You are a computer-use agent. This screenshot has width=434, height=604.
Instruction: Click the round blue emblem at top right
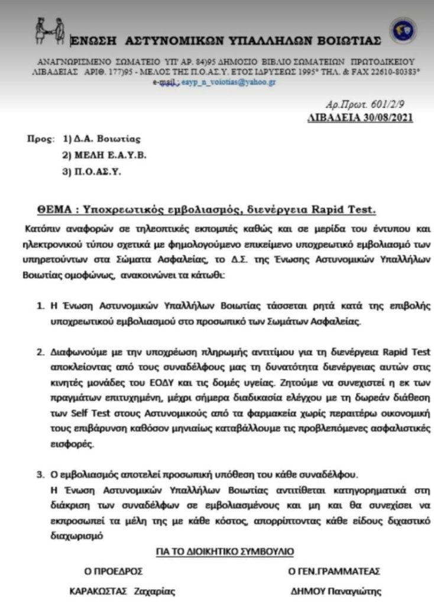point(403,31)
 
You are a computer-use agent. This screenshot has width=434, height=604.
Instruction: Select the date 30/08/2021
point(385,117)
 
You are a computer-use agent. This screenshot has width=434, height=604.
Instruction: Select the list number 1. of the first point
point(41,309)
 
